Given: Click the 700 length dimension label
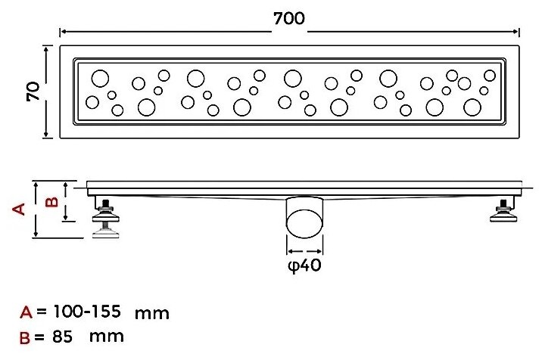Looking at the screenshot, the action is pyautogui.click(x=289, y=19).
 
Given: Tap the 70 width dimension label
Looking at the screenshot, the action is pyautogui.click(x=33, y=92).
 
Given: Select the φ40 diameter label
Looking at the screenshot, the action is pyautogui.click(x=304, y=265).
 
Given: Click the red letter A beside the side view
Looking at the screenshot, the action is pyautogui.click(x=19, y=209).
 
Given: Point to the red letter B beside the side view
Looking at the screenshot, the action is pyautogui.click(x=51, y=201).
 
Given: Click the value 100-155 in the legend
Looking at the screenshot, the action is pyautogui.click(x=87, y=312).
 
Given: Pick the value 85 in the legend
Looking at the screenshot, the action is pyautogui.click(x=63, y=337).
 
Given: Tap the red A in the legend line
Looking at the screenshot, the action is pyautogui.click(x=26, y=312).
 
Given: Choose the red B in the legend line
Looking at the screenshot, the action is pyautogui.click(x=25, y=337).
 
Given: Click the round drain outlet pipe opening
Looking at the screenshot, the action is pyautogui.click(x=304, y=223).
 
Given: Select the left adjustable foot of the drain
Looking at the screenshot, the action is pyautogui.click(x=106, y=218).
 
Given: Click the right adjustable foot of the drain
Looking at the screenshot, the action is pyautogui.click(x=504, y=211).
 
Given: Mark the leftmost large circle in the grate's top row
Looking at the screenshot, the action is pyautogui.click(x=100, y=78).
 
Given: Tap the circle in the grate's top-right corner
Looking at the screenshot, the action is pyautogui.click(x=490, y=76).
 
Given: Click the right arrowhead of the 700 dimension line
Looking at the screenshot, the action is pyautogui.click(x=516, y=32).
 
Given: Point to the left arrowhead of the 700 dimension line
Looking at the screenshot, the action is pyautogui.click(x=64, y=32).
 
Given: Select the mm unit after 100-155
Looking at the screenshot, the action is pyautogui.click(x=151, y=314).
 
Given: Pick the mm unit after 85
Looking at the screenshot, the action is pyautogui.click(x=107, y=337).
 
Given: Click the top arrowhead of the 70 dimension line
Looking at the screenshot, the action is pyautogui.click(x=46, y=49).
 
